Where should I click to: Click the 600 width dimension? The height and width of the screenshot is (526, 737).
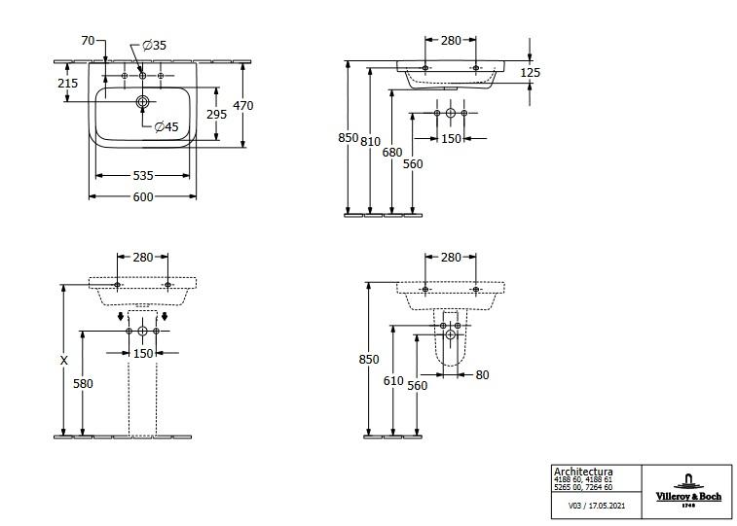pos(143,196)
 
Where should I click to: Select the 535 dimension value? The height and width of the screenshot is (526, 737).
pos(143,175)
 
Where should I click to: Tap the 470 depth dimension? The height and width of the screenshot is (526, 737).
pos(243,106)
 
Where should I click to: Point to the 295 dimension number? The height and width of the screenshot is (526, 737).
pos(217,114)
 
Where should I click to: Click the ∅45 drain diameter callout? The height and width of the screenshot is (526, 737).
pos(166,126)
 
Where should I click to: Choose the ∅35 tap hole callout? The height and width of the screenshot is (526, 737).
pos(154,45)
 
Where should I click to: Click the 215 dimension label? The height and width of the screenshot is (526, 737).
pos(68,83)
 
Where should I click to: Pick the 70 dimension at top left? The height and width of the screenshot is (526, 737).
pos(88,41)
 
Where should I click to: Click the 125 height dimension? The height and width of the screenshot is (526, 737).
pos(531,72)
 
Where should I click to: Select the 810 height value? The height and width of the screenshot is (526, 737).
pos(370,141)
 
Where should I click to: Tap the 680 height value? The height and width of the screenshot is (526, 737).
pos(392,152)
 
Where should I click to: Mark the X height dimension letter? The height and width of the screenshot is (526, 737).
pos(64,360)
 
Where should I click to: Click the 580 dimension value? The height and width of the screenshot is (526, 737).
pos(83,383)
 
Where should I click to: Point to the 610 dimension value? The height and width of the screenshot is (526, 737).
pos(393,380)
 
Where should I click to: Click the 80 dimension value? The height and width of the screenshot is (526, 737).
pos(482,375)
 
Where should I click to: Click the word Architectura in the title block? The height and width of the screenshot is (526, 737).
pos(583,472)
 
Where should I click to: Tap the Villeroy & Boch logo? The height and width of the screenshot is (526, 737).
pos(688,490)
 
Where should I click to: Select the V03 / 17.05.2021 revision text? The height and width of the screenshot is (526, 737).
pos(597,506)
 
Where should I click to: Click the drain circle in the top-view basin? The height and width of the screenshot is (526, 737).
pos(142,101)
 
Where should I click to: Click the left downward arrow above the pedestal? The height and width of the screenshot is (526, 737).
pos(121,316)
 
